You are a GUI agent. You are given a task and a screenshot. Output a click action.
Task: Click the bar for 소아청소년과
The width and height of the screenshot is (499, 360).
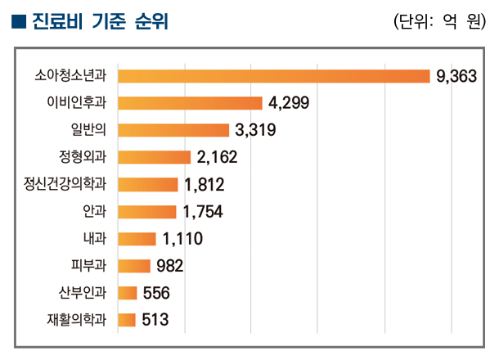(274, 76)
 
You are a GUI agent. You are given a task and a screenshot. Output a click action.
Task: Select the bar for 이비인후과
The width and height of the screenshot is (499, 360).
(191, 103)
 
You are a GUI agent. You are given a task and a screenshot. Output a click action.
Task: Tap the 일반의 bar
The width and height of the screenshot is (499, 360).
(173, 130)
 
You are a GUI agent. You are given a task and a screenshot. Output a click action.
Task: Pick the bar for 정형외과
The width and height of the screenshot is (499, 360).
(155, 157)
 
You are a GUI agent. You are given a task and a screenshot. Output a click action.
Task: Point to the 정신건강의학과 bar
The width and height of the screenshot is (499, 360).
(148, 184)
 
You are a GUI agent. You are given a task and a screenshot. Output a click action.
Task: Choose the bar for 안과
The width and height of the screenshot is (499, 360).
(147, 211)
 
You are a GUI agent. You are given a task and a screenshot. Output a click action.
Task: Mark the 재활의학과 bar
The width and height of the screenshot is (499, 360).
(127, 319)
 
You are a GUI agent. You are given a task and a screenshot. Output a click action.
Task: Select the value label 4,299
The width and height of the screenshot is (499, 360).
(290, 103)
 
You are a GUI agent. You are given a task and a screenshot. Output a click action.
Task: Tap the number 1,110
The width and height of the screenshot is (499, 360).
(182, 238)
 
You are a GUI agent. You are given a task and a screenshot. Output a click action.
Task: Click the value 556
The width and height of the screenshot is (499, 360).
(155, 292)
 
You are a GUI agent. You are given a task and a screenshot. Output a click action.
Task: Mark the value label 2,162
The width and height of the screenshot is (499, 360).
(216, 157)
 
